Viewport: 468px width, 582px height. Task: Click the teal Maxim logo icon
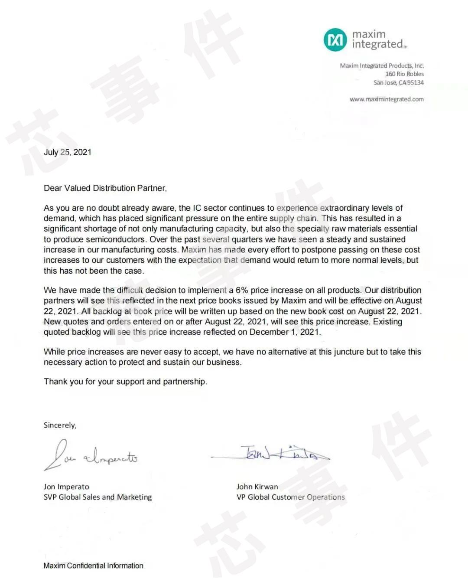[335, 40]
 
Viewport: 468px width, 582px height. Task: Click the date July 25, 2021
[68, 152]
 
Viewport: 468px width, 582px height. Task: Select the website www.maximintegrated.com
[387, 99]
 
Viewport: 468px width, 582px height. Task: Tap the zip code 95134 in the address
[415, 83]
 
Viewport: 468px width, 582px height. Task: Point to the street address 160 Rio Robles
[404, 74]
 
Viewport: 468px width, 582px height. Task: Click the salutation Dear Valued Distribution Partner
[105, 188]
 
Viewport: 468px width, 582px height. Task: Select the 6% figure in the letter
[241, 290]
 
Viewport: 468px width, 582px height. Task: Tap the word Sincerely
[60, 425]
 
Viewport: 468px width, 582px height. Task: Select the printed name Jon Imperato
[66, 487]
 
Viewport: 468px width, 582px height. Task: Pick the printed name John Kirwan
[257, 487]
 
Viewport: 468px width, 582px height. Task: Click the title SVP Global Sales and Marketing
[97, 497]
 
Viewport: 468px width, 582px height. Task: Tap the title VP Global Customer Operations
[290, 497]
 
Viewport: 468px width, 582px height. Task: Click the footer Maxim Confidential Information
[93, 566]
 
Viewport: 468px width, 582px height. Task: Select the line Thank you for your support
[125, 382]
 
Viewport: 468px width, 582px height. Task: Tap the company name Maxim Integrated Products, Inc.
[382, 66]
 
